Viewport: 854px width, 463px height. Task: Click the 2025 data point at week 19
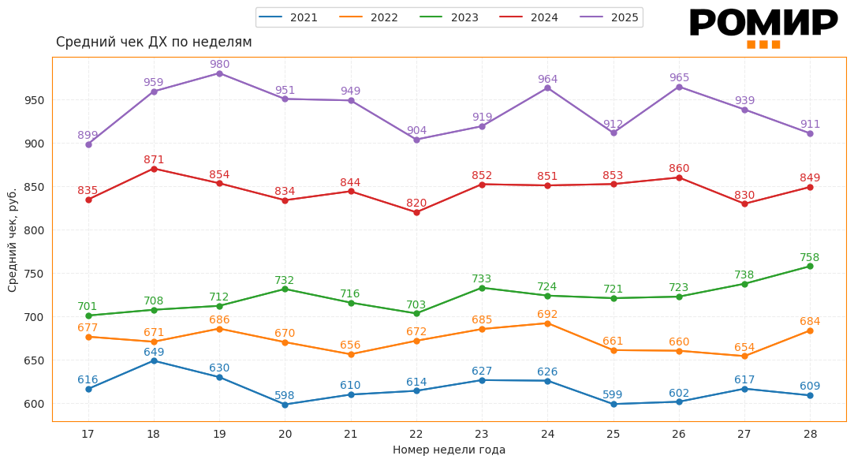(219, 73)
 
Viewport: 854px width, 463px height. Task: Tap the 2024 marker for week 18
(154, 169)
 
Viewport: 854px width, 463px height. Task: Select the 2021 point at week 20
(285, 405)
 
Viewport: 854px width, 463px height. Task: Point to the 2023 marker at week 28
(810, 266)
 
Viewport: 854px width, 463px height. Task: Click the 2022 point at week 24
(547, 323)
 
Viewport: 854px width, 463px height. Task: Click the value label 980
(219, 64)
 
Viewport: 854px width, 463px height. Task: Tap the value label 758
(810, 257)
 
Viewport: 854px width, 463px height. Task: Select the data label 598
(285, 395)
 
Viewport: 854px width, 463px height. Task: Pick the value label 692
(547, 314)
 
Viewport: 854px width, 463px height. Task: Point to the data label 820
(416, 203)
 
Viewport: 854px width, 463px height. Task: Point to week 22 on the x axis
(416, 434)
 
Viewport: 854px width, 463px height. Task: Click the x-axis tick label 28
(810, 434)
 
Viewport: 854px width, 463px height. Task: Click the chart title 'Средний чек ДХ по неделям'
(154, 42)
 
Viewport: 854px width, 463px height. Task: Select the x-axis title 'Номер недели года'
(449, 450)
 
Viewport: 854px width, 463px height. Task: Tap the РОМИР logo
(763, 27)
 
